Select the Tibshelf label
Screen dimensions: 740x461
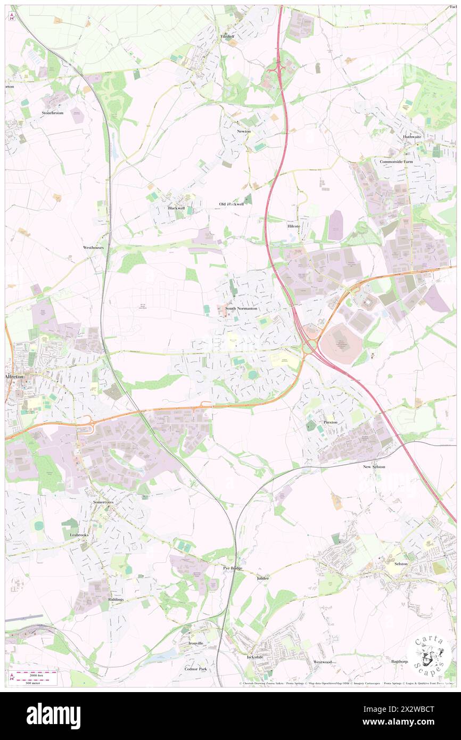(227, 36)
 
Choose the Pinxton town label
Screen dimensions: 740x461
(330, 422)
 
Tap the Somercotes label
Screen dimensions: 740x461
(103, 502)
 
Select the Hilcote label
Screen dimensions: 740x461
(294, 226)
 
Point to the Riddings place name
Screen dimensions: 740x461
(116, 599)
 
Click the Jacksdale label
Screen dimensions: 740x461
(255, 657)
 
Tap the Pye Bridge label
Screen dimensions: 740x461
(233, 569)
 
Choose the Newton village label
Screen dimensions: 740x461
(244, 131)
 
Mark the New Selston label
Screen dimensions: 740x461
(374, 466)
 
